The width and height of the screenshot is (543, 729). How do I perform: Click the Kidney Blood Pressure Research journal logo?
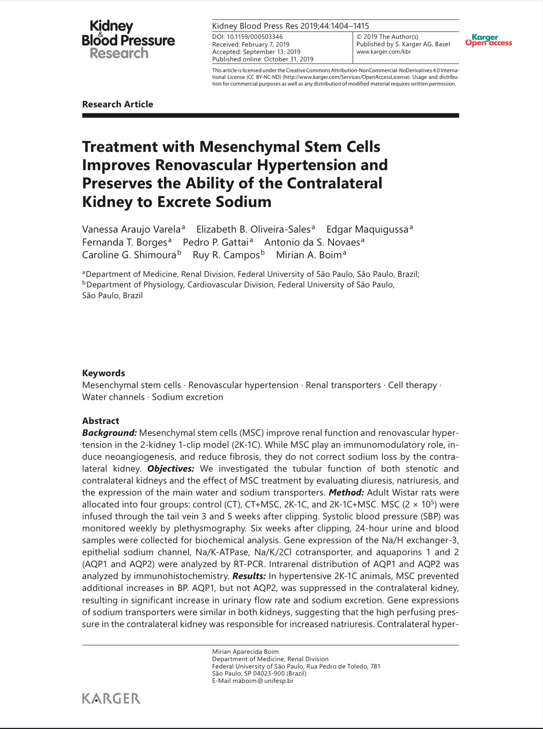128,39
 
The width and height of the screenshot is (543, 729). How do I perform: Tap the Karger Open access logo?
488,40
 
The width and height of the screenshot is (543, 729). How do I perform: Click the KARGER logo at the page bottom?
111,698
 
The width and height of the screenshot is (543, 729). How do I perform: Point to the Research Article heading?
118,104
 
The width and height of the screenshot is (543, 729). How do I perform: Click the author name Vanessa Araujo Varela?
131,229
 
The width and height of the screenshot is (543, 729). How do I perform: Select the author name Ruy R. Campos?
226,255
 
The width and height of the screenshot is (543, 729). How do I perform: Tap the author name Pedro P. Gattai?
216,242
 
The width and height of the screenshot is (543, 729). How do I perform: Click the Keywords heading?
104,373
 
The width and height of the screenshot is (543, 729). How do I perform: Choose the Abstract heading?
101,420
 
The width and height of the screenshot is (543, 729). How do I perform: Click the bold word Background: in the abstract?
110,433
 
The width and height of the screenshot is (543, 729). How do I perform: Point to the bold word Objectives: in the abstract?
171,469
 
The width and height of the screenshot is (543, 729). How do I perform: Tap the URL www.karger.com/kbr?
384,52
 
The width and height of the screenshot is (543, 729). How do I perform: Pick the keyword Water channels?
113,397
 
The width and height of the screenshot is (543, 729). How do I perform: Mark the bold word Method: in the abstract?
346,492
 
